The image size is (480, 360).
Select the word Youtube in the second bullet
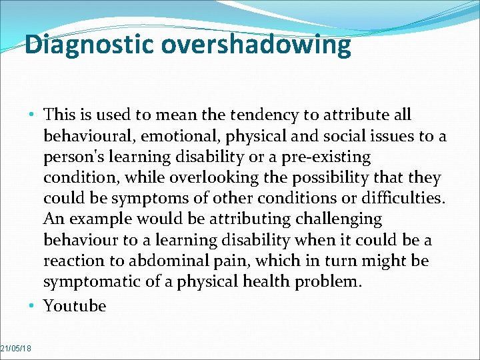point(75,306)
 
